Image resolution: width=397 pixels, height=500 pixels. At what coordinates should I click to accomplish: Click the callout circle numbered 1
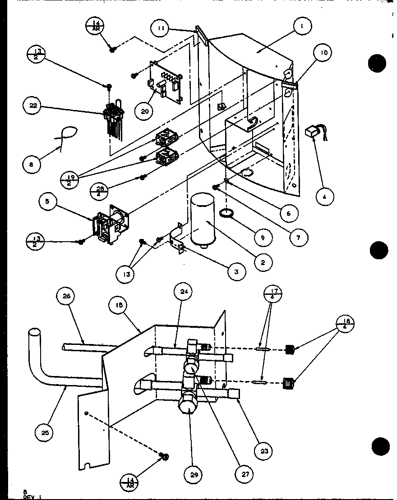coord(301,27)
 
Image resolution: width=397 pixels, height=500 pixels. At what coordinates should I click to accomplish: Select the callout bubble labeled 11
coord(161,28)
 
